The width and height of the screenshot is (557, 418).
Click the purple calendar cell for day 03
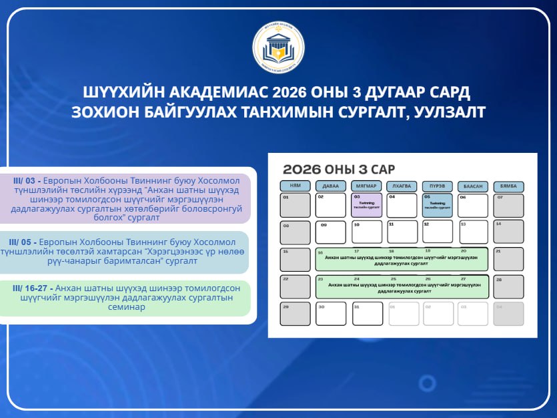[366, 205]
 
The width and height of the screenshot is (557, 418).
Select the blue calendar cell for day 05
[438, 205]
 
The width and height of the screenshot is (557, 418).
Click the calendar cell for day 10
[366, 232]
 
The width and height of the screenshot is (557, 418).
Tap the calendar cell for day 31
[366, 313]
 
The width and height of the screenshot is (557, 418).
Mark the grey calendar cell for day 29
[295, 313]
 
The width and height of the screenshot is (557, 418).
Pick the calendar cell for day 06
[473, 205]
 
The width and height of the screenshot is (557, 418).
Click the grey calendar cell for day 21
[508, 259]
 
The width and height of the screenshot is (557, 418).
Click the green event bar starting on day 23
[402, 286]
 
